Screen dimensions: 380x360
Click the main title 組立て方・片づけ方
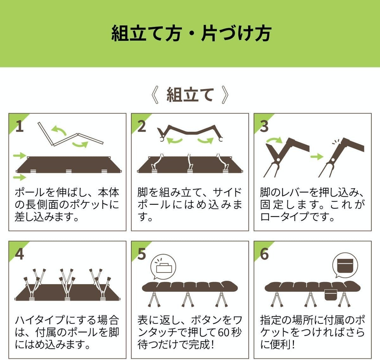coord(191,33)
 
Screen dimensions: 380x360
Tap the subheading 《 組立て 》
coord(190,95)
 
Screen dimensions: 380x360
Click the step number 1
coord(19,126)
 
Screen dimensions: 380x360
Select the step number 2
coord(142,126)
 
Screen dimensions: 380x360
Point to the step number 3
coord(264,126)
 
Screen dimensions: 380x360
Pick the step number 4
coord(19,254)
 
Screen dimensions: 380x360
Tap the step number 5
coord(142,254)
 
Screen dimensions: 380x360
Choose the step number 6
coord(264,254)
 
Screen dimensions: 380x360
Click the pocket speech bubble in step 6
coord(345,266)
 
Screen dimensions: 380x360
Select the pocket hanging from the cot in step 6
coord(331,295)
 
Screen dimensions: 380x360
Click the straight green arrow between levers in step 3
coord(317,157)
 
